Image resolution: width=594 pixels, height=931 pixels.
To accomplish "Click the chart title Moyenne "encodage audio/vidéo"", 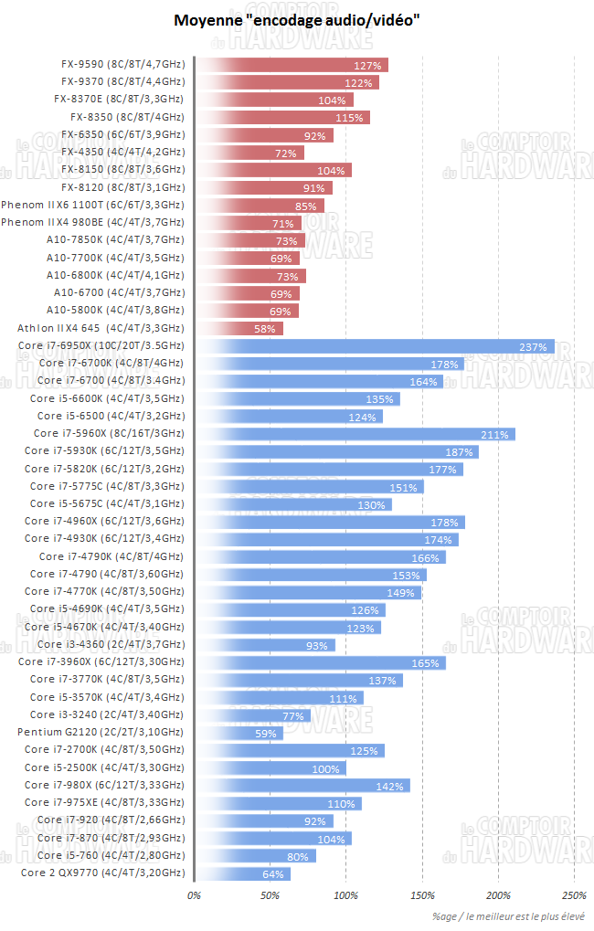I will (x=296, y=19).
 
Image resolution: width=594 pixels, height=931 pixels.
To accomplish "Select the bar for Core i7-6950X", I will (x=375, y=345).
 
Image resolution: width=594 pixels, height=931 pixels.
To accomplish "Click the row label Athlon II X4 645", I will (x=101, y=328).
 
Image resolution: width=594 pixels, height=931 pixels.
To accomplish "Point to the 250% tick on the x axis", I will (x=575, y=895).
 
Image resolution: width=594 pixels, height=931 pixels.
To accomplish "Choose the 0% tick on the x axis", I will (x=194, y=895).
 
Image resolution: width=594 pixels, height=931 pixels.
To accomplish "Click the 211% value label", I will (x=493, y=434).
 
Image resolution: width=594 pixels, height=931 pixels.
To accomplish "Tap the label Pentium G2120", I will (x=101, y=733).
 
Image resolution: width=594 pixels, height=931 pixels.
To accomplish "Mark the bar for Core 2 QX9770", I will (x=242, y=873).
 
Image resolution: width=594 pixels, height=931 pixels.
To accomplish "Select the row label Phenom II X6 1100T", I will (x=92, y=206).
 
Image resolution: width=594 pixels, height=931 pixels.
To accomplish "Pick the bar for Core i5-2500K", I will (x=270, y=768).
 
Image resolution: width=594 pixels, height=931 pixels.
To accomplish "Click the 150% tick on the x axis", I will (x=423, y=895).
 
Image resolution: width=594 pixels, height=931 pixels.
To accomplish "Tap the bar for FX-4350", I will (x=248, y=153).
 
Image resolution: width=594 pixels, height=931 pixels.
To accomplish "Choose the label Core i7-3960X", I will (x=101, y=662).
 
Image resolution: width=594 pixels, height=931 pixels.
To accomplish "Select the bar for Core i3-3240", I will (x=252, y=715).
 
